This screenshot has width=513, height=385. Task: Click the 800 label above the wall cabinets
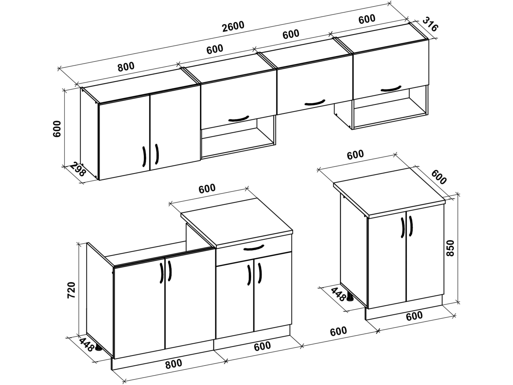pos(126,67)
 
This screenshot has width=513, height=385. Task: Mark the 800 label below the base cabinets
pos(173,363)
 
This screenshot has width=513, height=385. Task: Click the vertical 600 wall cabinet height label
pos(57,129)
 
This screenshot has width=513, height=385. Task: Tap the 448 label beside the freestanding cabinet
pos(338,294)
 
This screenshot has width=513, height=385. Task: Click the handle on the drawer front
pos(253,248)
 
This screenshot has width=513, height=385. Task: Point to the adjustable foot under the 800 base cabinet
pos(98,348)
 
